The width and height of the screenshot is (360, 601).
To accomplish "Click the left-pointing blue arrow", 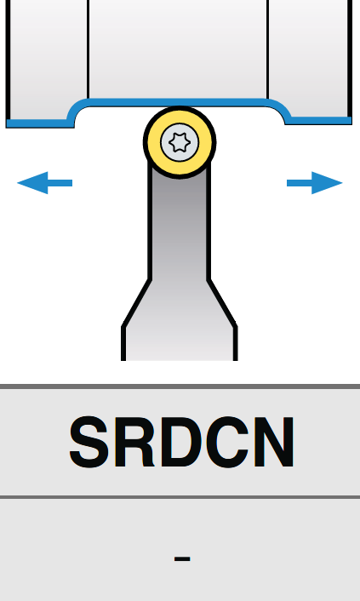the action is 44,183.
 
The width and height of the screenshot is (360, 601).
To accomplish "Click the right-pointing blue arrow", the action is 314,183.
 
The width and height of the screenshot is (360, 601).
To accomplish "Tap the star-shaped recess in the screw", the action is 180,142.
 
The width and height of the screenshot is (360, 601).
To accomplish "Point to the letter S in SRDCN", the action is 89,442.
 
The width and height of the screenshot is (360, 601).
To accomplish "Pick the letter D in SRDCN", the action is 181,442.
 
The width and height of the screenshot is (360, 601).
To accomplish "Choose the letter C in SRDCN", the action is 227,442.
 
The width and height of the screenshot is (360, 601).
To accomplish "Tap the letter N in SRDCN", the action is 274,442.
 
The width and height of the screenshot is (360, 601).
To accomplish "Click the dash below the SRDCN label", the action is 182,558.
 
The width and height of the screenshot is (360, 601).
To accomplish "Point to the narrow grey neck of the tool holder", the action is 179,226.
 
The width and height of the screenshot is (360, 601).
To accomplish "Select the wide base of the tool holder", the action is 179,344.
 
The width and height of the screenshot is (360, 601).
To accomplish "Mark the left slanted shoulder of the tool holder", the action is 135,304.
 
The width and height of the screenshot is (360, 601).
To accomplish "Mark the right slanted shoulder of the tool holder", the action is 222,304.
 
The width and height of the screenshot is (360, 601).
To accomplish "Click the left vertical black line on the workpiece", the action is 88,50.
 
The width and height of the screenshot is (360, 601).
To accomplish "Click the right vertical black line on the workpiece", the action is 267,50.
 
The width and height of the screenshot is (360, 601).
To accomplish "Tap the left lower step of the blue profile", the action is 39,123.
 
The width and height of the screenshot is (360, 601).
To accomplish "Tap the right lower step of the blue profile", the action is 319,120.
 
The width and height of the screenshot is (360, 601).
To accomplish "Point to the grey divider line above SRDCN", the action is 180,386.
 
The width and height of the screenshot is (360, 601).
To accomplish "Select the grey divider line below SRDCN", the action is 180,497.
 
